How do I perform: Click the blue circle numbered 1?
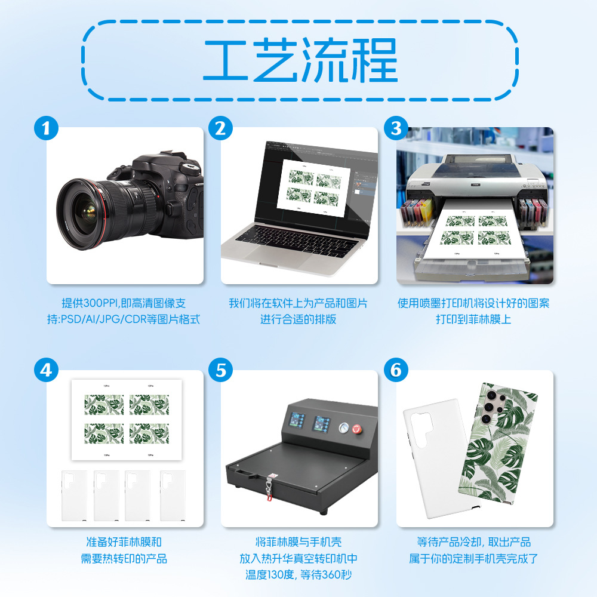pyautogui.click(x=46, y=128)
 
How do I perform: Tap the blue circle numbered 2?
pyautogui.click(x=220, y=128)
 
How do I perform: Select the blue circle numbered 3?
pyautogui.click(x=396, y=128)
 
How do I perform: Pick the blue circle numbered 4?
pyautogui.click(x=46, y=370)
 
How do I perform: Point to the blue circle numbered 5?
pyautogui.click(x=220, y=370)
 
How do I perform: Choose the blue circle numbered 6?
pyautogui.click(x=396, y=370)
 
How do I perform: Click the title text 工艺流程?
pyautogui.click(x=300, y=60)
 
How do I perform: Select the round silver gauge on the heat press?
pyautogui.click(x=344, y=427)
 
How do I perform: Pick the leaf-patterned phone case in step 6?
pyautogui.click(x=498, y=443)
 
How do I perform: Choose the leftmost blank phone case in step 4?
pyautogui.click(x=74, y=496)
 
